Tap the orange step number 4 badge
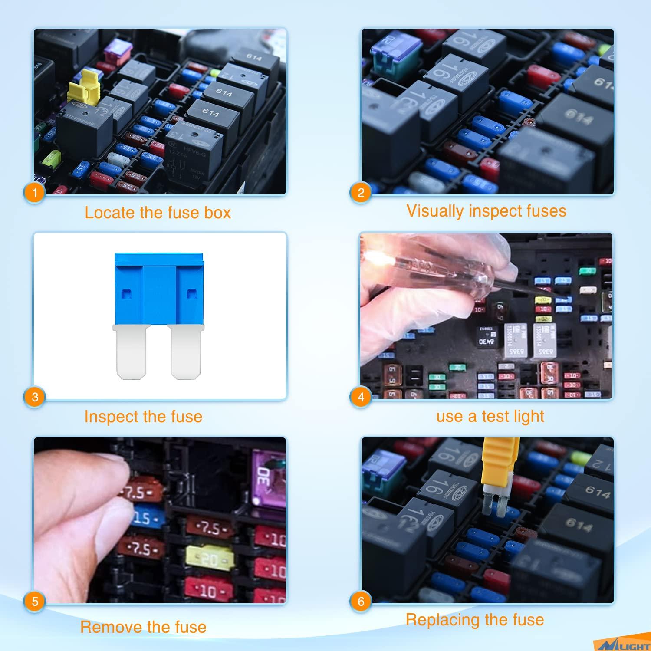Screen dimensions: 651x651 click(361, 397)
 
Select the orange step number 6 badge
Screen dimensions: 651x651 click(361, 601)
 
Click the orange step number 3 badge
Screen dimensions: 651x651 click(35, 397)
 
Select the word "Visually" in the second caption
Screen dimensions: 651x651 click(435, 211)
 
